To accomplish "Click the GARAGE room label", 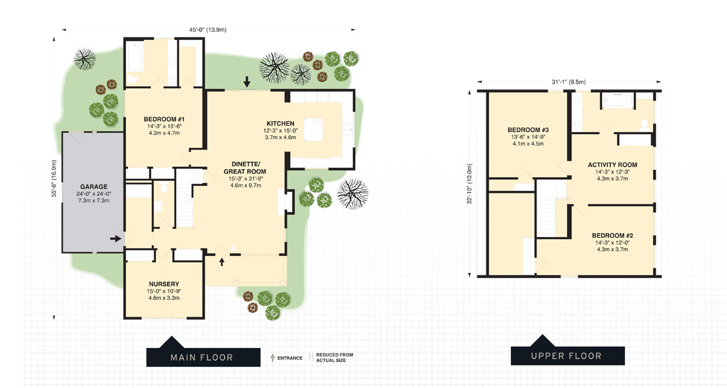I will coord(93,186).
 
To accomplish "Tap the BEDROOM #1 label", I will coord(164,120).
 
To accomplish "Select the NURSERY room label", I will coord(164,284).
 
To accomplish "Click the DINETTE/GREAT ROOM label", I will coord(244,168).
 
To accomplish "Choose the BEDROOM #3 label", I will coord(528,130).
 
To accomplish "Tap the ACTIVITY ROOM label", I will coord(612,165).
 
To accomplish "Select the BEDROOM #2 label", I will coord(612,235).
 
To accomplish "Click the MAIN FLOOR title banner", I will coord(202,357).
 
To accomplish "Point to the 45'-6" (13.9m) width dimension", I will coord(209,29).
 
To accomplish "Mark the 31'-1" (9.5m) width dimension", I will coord(568,81).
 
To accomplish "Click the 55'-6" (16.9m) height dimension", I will coord(55,178).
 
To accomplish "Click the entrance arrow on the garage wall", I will coord(116,238).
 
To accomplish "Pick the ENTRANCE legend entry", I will coord(286,358).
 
